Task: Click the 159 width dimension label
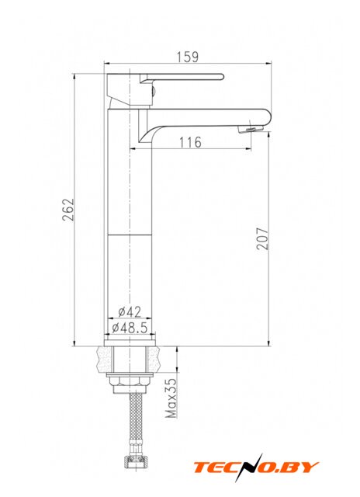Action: [188, 57]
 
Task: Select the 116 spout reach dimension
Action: [191, 142]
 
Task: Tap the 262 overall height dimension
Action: [68, 210]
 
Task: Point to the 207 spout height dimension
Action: [262, 238]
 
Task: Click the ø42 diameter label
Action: [130, 312]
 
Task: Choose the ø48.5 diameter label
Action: [130, 328]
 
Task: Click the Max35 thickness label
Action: [171, 398]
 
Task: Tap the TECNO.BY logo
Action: [256, 467]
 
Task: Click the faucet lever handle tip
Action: [221, 77]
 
